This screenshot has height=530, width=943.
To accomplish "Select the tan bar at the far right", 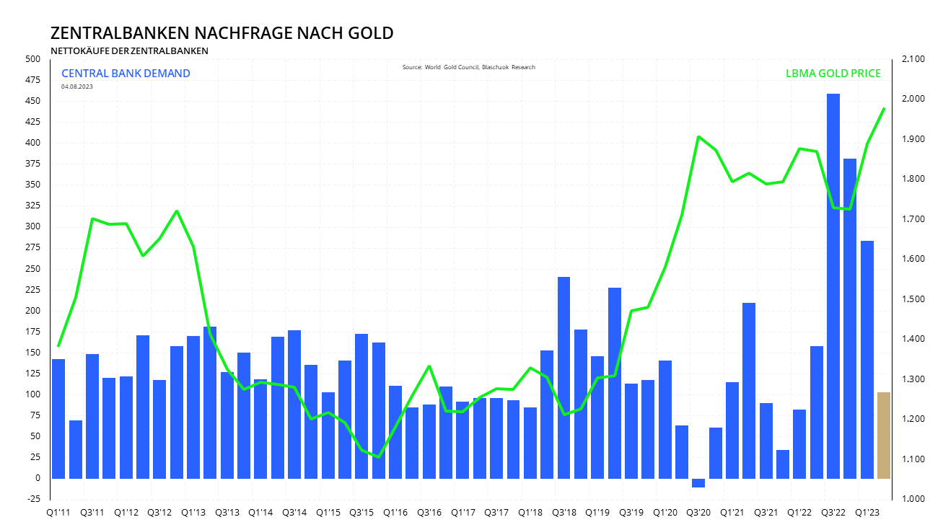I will tap(883, 436).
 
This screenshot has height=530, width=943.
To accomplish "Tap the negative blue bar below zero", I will tap(698, 482).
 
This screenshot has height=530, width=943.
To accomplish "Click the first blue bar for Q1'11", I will tap(58, 418).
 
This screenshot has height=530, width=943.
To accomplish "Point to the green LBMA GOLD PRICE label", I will tap(833, 74).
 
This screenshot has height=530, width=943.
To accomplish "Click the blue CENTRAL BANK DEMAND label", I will tap(126, 74).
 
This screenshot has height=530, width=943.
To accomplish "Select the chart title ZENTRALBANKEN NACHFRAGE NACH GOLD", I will tap(222, 33).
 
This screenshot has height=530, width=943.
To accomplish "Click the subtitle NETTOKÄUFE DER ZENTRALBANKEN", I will tap(129, 50).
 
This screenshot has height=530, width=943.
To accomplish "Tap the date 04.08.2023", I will tap(76, 87).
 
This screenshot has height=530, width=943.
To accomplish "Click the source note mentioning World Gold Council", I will tap(469, 67).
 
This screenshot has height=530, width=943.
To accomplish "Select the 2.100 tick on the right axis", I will tap(913, 59).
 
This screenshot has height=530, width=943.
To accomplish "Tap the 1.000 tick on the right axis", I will tap(913, 499).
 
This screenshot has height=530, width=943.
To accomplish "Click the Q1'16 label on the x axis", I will tap(395, 513).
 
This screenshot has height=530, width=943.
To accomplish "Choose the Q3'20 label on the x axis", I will tap(698, 513).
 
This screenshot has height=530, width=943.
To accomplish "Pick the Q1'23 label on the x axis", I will tap(867, 513).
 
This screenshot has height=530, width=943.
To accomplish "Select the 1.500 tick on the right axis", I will tap(913, 299).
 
